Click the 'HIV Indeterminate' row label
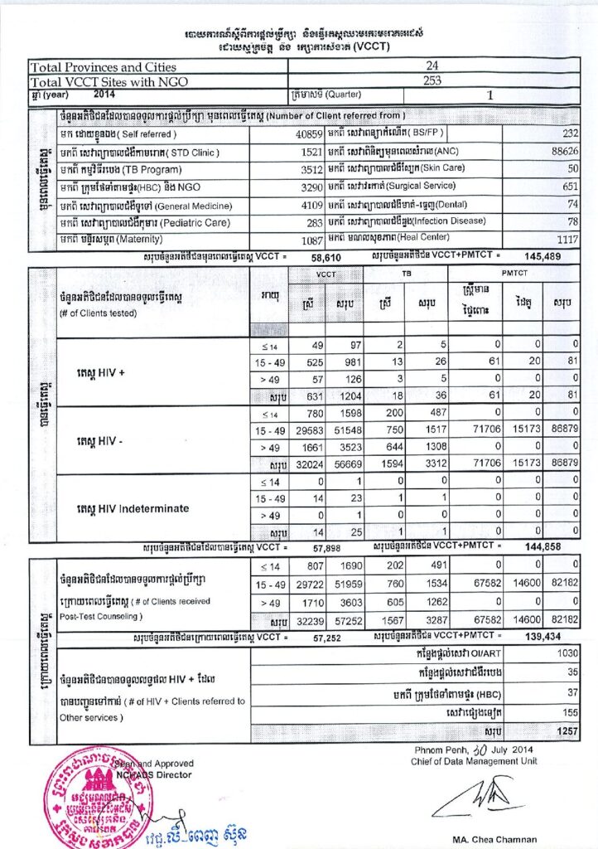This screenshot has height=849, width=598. (133, 508)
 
